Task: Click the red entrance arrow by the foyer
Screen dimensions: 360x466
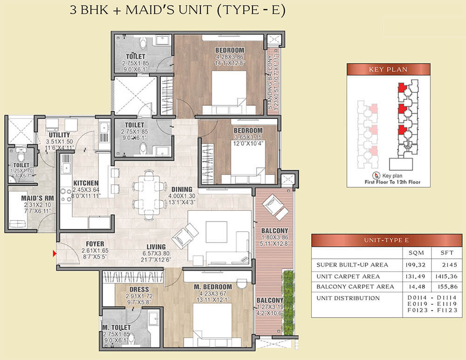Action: [x=55, y=254]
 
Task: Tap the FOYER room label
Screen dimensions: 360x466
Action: [x=95, y=244]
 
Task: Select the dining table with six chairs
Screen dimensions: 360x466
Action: [x=149, y=194]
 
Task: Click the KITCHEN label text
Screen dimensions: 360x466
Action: [x=85, y=183]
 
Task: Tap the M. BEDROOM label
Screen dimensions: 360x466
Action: [x=212, y=286]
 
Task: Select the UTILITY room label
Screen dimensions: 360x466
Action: [x=59, y=135]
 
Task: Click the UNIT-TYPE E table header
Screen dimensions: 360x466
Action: [x=387, y=240]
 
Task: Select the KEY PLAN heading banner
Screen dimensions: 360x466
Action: [x=388, y=69]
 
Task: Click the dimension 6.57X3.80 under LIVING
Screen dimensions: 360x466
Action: [x=156, y=254]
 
